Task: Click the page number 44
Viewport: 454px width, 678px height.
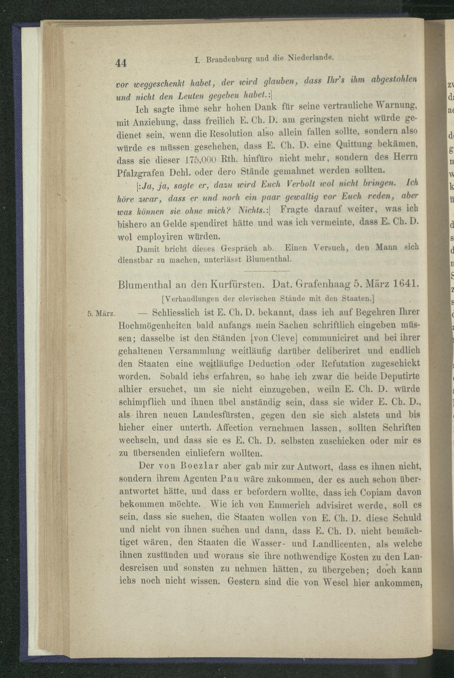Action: coord(121,64)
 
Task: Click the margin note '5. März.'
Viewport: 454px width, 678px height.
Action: coord(103,313)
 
